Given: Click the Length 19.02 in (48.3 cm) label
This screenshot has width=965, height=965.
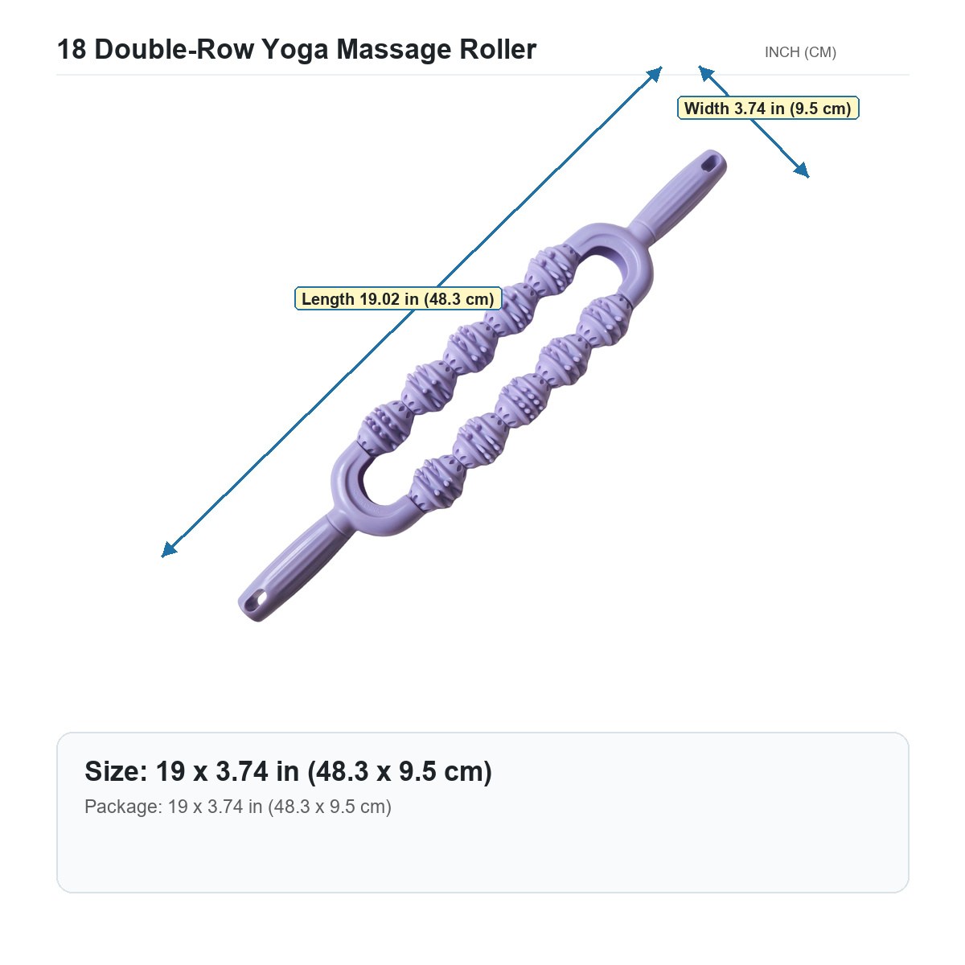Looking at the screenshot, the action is (x=397, y=299).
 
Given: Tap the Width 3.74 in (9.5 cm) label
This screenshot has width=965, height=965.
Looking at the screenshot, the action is (x=768, y=109).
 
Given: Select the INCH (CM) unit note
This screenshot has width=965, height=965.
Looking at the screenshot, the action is (x=800, y=52).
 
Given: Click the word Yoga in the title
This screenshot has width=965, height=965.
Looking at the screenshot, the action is (x=295, y=50).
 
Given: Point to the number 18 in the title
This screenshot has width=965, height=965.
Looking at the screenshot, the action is (x=72, y=49).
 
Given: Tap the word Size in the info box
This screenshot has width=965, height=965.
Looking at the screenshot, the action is (x=116, y=770).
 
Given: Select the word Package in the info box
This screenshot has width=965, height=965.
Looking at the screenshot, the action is (x=123, y=807).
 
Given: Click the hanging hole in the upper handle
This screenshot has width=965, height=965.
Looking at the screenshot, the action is (x=709, y=164).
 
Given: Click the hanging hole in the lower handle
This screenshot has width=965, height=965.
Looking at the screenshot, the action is (x=259, y=598).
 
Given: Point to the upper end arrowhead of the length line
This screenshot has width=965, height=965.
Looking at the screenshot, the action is (x=655, y=74).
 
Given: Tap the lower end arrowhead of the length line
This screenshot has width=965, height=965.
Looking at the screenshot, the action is (x=168, y=550).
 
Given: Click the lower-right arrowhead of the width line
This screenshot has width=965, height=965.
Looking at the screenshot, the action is (x=802, y=170).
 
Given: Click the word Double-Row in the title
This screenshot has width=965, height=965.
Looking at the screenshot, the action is (x=174, y=49).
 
